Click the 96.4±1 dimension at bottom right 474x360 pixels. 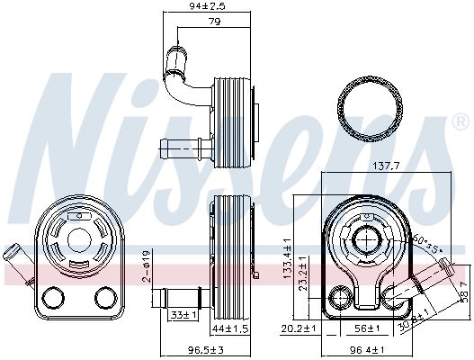pyautogui.click(x=366, y=349)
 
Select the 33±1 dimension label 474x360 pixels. pyautogui.click(x=183, y=315)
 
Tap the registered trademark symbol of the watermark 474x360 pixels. pyautogui.click(x=461, y=122)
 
